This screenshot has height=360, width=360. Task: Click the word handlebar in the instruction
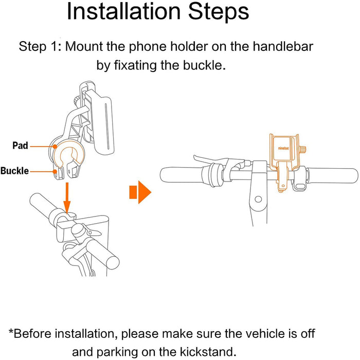[283, 46]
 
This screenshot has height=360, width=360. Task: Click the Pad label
[20, 146]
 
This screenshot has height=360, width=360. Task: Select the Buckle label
[15, 171]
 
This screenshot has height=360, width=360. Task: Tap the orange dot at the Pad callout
[55, 147]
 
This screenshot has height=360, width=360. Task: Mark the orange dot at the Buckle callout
[55, 171]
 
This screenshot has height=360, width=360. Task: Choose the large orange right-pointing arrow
[140, 192]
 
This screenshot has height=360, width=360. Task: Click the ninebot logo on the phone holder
[283, 148]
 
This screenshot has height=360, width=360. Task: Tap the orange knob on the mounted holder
[303, 150]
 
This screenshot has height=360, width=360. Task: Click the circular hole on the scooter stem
[258, 199]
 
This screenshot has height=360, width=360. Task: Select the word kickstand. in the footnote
[208, 351]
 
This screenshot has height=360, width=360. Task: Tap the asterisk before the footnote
[11, 331]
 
